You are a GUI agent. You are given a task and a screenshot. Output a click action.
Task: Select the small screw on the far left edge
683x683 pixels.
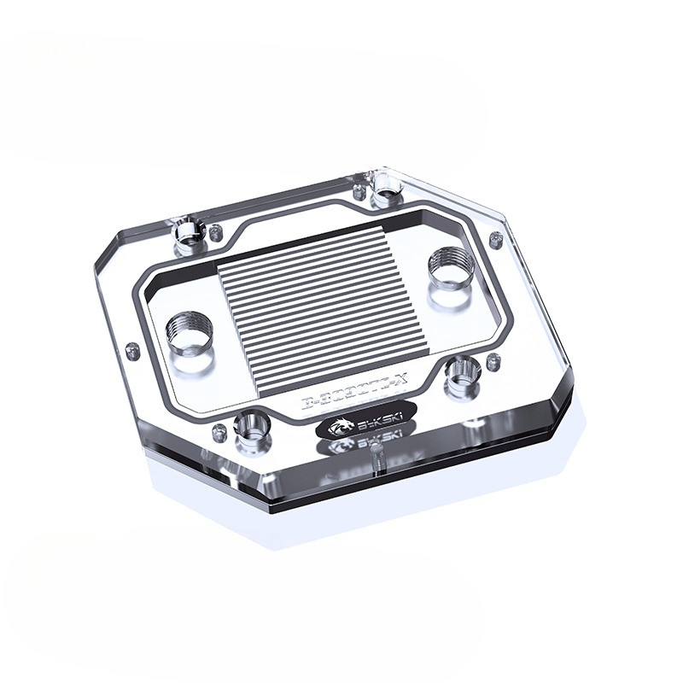(131, 349)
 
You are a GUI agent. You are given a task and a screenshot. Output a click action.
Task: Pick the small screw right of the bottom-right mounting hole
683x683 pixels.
(493, 362)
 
